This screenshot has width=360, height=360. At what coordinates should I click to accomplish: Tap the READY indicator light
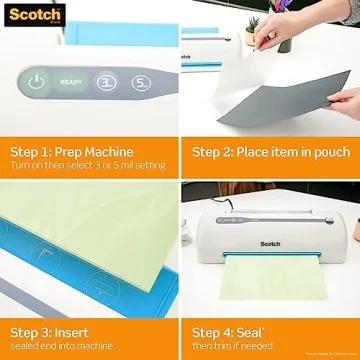click(x=71, y=83)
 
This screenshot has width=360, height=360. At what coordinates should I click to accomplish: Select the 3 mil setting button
click(x=106, y=83)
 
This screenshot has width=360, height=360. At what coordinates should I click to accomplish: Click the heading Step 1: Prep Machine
click(x=72, y=152)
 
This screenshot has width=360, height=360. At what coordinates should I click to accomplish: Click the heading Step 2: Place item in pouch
click(x=271, y=152)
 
